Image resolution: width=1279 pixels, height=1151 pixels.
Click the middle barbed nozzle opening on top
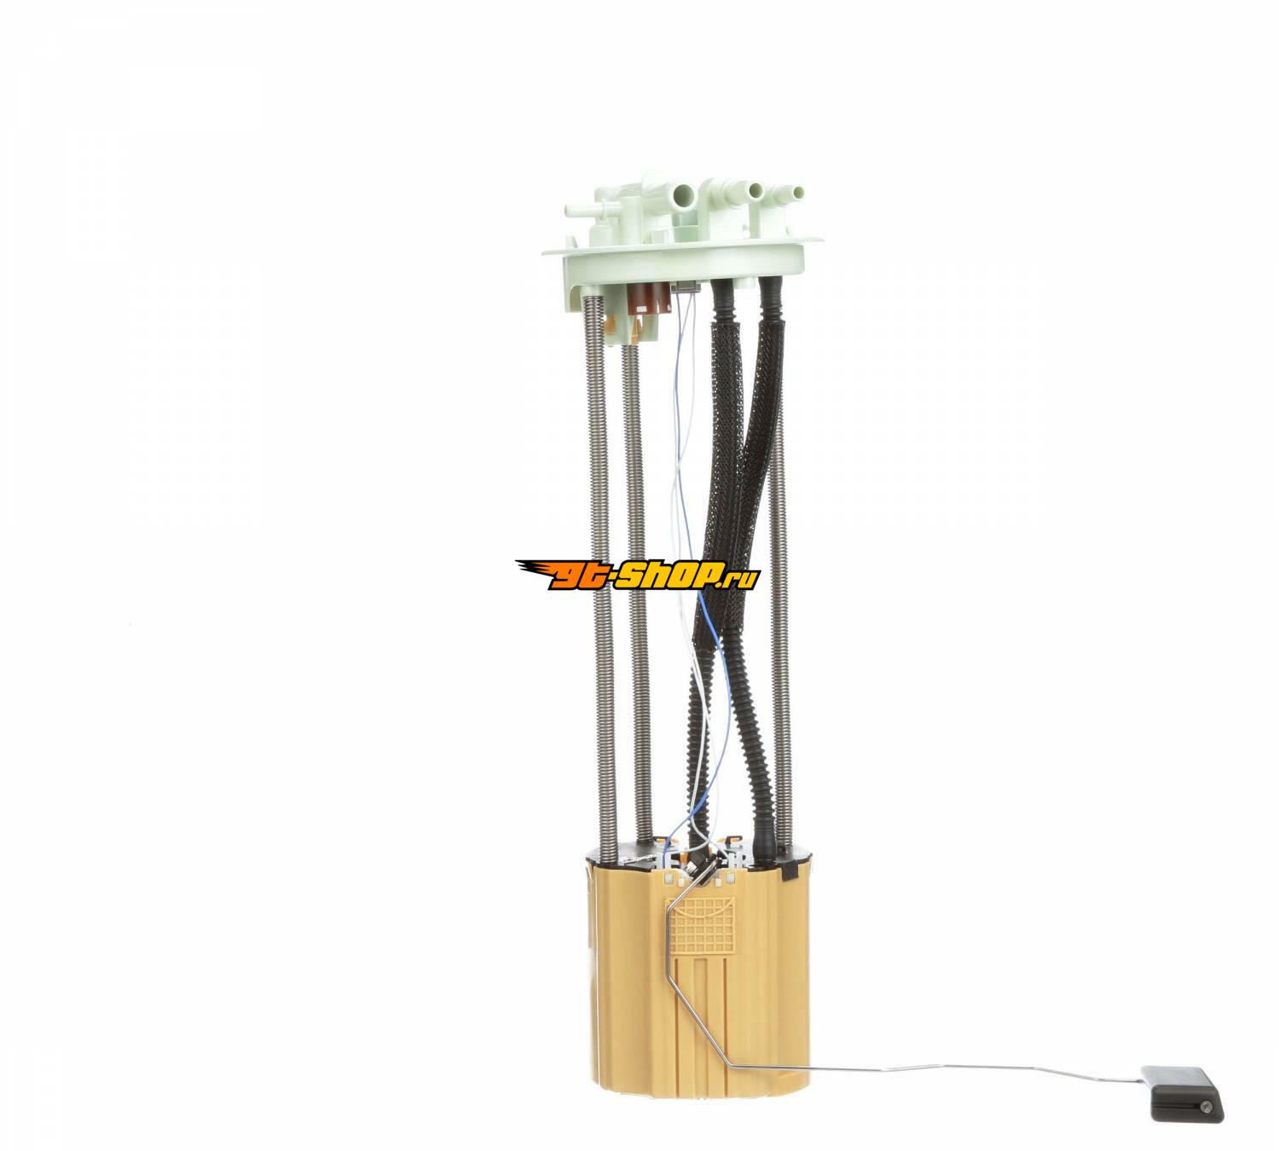pos(756,190)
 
